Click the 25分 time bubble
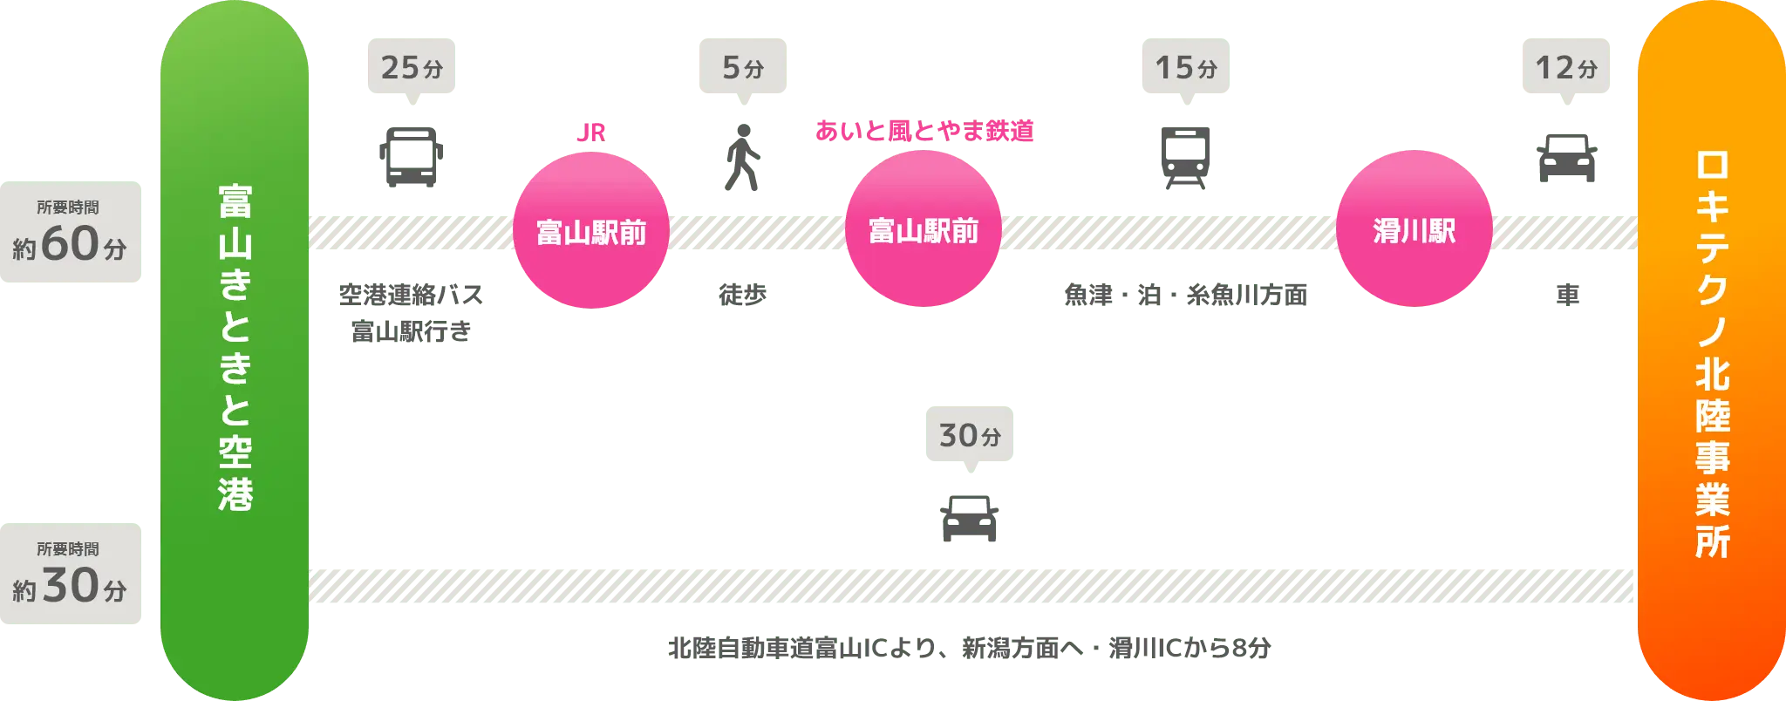click(x=412, y=68)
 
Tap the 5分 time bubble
click(x=742, y=68)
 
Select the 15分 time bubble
click(x=1185, y=68)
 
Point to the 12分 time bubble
click(x=1565, y=68)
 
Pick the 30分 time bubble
click(x=969, y=435)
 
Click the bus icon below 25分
click(x=412, y=158)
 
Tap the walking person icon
click(x=742, y=159)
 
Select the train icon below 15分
click(x=1185, y=159)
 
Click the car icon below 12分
click(x=1566, y=159)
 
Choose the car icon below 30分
click(x=969, y=518)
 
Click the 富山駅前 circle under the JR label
click(x=590, y=232)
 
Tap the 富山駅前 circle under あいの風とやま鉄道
click(x=923, y=231)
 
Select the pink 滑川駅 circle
click(x=1414, y=231)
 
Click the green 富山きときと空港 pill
click(x=235, y=349)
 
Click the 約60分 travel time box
click(x=70, y=234)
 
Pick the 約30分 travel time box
click(x=70, y=575)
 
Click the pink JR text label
click(x=590, y=133)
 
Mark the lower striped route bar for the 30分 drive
click(x=971, y=586)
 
